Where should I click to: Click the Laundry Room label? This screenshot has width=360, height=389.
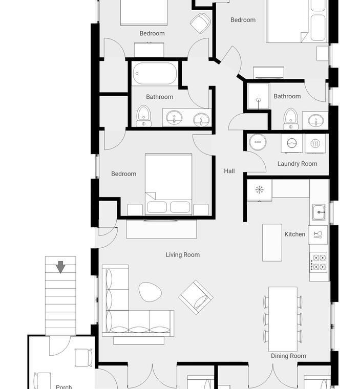tap(297, 164)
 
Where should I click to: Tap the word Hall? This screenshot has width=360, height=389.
tap(229, 171)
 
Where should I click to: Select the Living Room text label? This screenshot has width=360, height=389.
tap(182, 255)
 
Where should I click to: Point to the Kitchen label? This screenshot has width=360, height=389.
tap(294, 234)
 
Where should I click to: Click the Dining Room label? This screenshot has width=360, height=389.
tap(288, 356)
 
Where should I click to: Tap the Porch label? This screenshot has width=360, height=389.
tap(64, 386)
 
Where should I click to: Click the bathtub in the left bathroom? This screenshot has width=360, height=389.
tap(155, 73)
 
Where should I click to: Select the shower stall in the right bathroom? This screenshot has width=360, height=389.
tap(259, 96)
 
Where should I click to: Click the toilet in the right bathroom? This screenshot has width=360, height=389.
tap(291, 119)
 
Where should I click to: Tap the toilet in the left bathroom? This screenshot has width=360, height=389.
tap(144, 116)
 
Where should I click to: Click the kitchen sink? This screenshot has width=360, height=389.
tap(319, 212)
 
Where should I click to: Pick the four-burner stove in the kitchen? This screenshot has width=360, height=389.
tap(319, 263)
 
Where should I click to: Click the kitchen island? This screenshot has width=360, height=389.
tap(272, 243)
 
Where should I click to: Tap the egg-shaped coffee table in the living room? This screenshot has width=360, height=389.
tap(150, 292)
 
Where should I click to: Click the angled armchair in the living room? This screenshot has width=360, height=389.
tap(196, 297)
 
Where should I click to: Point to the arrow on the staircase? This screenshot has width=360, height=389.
tap(60, 267)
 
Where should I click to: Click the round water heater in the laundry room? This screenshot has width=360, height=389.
tap(258, 142)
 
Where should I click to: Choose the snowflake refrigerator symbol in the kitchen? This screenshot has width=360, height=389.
tap(260, 190)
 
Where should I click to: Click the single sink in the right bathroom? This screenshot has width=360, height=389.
tap(315, 121)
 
